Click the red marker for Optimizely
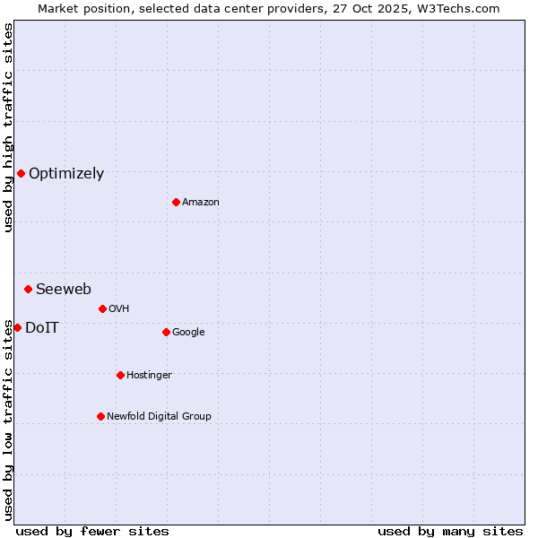coord(21,173)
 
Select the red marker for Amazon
coord(176,202)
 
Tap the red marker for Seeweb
coord(29,289)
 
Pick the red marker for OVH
coord(102,308)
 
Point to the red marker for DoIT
coord(17,327)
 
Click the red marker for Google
coord(166,332)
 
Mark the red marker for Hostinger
coord(120,375)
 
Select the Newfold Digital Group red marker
coord(100,416)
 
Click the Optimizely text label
coord(66,174)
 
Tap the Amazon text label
coord(201,203)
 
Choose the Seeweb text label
coord(64,289)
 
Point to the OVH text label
coord(119,309)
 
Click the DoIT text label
coord(42,328)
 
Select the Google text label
coord(188,333)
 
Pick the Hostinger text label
coord(149,376)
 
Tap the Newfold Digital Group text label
coord(159,417)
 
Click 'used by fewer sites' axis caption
coord(92,531)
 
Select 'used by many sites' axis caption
coord(450,531)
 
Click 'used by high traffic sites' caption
coord(8,127)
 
